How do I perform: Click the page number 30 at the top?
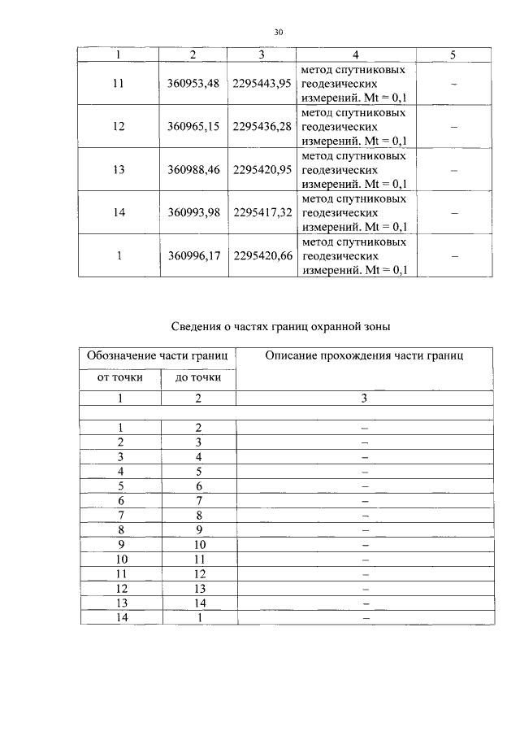pyautogui.click(x=279, y=33)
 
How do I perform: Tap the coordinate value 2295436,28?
pyautogui.click(x=262, y=127)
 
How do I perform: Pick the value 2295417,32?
pyautogui.click(x=262, y=212)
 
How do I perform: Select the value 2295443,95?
pyautogui.click(x=262, y=84)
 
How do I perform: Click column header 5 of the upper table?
pyautogui.click(x=453, y=54)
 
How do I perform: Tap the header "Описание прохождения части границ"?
pyautogui.click(x=364, y=355)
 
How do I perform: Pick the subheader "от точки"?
pyautogui.click(x=120, y=377)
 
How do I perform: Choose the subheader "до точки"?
pyautogui.click(x=198, y=377)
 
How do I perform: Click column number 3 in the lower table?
pyautogui.click(x=364, y=398)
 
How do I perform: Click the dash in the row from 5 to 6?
pyautogui.click(x=365, y=486)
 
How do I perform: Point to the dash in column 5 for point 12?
pyautogui.click(x=453, y=127)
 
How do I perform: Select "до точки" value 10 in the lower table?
pyautogui.click(x=198, y=544)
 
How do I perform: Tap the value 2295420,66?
pyautogui.click(x=262, y=256)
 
